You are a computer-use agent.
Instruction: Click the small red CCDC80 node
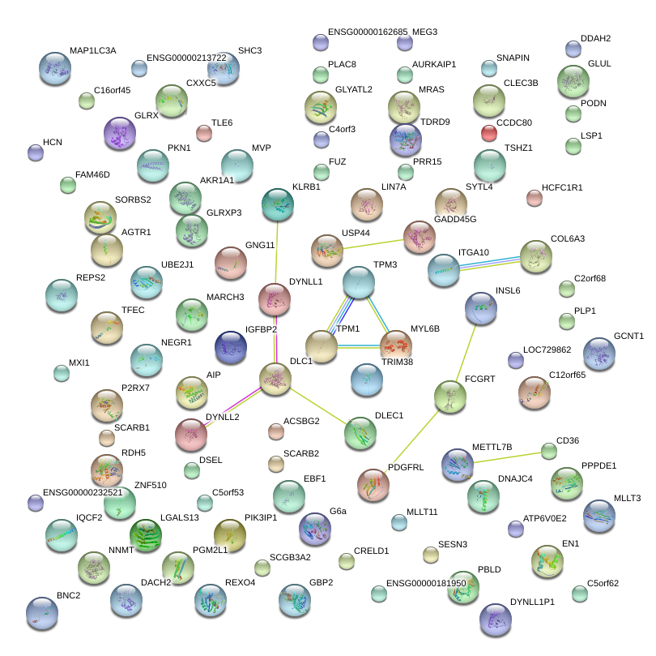point(489,132)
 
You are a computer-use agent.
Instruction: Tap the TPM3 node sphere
point(359,282)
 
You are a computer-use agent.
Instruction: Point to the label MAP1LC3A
point(92,50)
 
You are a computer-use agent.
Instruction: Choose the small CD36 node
point(550,450)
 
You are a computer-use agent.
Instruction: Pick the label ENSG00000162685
point(367,32)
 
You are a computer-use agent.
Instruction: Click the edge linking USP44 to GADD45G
point(373,243)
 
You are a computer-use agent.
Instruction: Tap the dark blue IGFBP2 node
point(231,347)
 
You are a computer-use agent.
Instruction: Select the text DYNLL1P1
point(532,602)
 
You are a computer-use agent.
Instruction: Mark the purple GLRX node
point(121,133)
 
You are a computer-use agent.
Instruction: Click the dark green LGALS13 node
point(147,535)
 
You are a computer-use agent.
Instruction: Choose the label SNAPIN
point(513,58)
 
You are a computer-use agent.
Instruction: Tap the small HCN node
point(35,152)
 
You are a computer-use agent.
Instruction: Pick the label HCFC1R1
point(562,187)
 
